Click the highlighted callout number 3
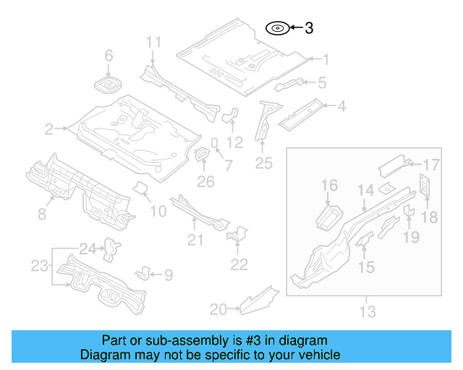pyautogui.click(x=309, y=29)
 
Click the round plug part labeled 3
pyautogui.click(x=277, y=29)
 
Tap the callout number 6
pyautogui.click(x=109, y=56)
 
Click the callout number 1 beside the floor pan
pyautogui.click(x=325, y=60)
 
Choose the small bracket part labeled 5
pyautogui.click(x=289, y=84)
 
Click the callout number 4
pyautogui.click(x=341, y=107)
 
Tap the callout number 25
pyautogui.click(x=263, y=163)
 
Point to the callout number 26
pyautogui.click(x=206, y=181)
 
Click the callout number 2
pyautogui.click(x=49, y=130)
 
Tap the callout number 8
pyautogui.click(x=42, y=213)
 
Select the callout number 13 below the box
pyautogui.click(x=368, y=312)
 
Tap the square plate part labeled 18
pyautogui.click(x=425, y=186)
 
